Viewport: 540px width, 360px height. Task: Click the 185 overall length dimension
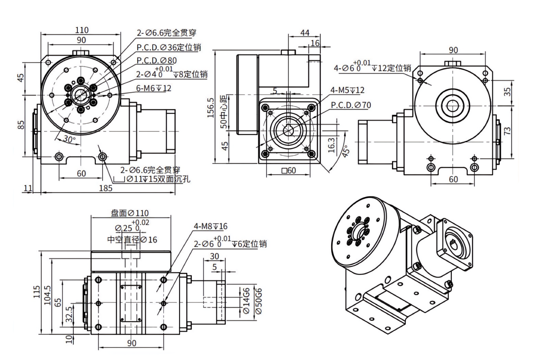(x=106, y=188)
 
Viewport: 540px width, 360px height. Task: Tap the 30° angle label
(x=69, y=139)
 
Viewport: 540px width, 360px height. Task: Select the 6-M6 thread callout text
(x=153, y=88)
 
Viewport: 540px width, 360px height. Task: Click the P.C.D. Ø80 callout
(x=157, y=60)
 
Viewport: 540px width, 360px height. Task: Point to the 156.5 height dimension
(x=211, y=108)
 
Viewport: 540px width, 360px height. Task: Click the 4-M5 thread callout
(x=347, y=90)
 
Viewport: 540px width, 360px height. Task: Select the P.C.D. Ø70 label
(x=351, y=105)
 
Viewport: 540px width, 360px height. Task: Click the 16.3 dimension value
(x=332, y=145)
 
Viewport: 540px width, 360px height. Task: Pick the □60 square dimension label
(x=288, y=171)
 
